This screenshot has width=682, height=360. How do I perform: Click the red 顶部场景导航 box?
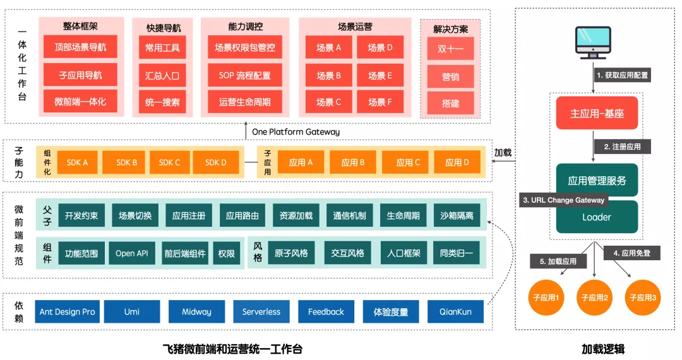(80, 47)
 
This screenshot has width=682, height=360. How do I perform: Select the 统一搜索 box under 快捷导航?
(162, 102)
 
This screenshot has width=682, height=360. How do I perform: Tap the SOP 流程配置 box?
(245, 75)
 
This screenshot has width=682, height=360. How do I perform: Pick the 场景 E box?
(380, 75)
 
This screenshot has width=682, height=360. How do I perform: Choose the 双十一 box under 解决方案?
(450, 48)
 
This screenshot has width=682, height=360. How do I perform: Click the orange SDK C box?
(169, 162)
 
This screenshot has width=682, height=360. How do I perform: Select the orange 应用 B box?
(353, 162)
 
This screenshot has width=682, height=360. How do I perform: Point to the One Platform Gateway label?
(296, 132)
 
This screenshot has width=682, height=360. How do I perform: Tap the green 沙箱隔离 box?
(457, 215)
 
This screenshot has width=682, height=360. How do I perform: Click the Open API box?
(132, 253)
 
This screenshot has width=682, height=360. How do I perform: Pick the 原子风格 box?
(291, 253)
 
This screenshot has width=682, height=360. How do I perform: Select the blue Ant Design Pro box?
(67, 311)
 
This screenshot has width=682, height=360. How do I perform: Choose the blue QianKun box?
(455, 311)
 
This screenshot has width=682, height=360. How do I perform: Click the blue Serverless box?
(261, 311)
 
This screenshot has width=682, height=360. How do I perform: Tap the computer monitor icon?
(593, 42)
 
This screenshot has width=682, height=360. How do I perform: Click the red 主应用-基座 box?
(597, 113)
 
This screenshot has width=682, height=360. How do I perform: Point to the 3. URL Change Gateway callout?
(564, 200)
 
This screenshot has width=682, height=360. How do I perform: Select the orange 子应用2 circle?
(595, 297)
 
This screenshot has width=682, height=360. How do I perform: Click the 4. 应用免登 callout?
(631, 253)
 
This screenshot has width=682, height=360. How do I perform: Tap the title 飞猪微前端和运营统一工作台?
(232, 349)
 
